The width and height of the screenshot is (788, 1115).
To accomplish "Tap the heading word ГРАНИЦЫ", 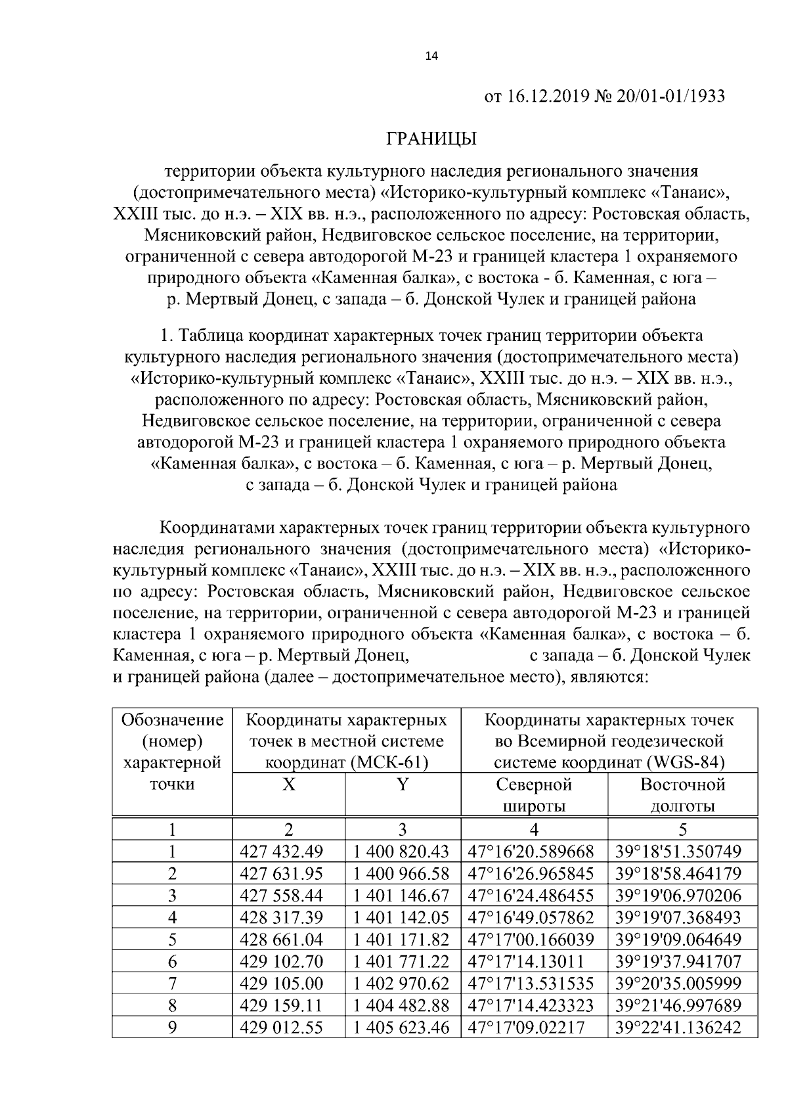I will [x=431, y=139].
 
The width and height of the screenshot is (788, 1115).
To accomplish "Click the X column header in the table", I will [x=288, y=784].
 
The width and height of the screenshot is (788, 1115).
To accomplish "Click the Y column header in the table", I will [x=403, y=784].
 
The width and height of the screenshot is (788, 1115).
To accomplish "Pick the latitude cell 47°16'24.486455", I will [x=531, y=896].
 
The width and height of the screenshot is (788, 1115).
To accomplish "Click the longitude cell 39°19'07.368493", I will [x=678, y=917].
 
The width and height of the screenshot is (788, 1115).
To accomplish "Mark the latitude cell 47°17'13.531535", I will [x=531, y=984].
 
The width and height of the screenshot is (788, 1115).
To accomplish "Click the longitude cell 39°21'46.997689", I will [x=678, y=1005].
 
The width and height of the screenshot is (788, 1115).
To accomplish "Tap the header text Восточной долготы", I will [x=682, y=795].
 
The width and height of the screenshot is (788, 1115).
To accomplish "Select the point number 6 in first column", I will [x=173, y=962].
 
